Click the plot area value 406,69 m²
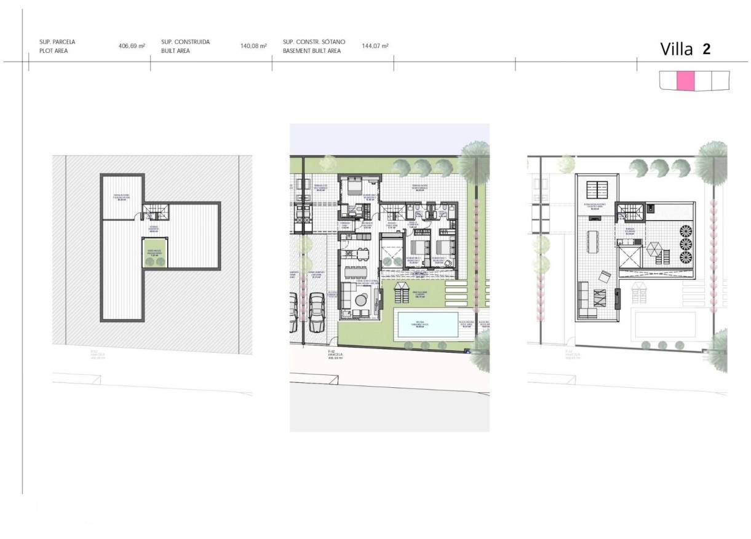pos(132,46)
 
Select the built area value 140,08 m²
pos(253,46)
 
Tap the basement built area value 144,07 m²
pos(375,46)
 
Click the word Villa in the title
pos(676,50)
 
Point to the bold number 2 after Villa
pos(707,49)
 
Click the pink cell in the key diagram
pos(685,81)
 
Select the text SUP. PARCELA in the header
pos(57,42)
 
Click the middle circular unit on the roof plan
pos(684,244)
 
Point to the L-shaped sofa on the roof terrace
pos(586,301)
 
